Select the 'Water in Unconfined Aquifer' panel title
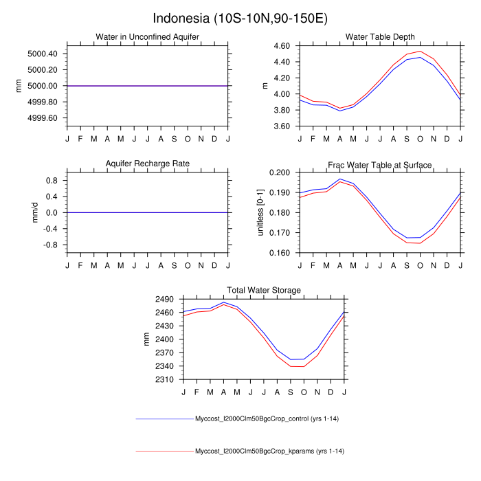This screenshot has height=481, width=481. point(148,37)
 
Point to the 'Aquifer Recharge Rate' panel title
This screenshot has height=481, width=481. point(148,164)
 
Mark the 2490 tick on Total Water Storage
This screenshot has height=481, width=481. point(166,299)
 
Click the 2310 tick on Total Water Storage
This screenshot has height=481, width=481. point(166,380)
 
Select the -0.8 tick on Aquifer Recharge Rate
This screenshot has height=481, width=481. point(51,245)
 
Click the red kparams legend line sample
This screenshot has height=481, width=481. point(165,451)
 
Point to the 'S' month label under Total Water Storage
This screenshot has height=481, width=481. point(291,392)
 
